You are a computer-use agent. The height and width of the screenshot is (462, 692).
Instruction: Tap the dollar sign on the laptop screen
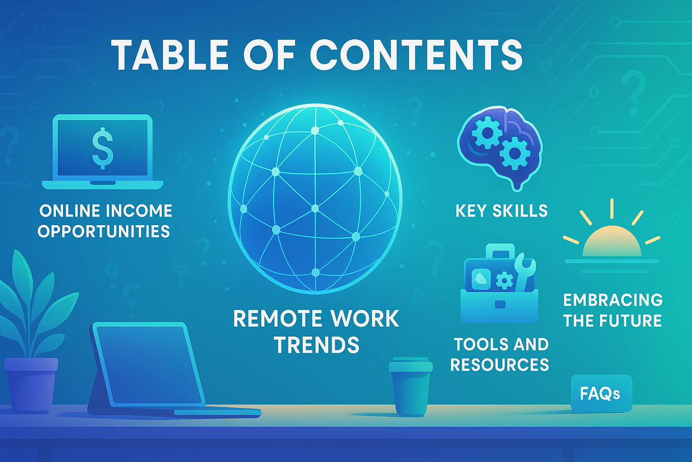pos(103,149)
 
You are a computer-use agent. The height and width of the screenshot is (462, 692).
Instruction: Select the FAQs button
pos(601,393)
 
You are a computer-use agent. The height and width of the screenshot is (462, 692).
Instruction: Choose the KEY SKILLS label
pos(501,211)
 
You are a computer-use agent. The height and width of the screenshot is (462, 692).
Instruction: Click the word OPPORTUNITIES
pos(104,231)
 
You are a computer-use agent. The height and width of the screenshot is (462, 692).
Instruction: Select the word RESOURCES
pos(500,364)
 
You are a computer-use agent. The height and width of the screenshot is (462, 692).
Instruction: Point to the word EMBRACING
pos(613,300)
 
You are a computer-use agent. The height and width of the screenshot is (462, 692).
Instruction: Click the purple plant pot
pos(31,385)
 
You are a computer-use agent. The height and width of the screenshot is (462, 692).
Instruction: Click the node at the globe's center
pos(315,208)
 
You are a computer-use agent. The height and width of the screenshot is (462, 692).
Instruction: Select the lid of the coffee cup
pos(410,365)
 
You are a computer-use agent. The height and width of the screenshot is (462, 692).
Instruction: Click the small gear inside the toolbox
pos(505,281)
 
